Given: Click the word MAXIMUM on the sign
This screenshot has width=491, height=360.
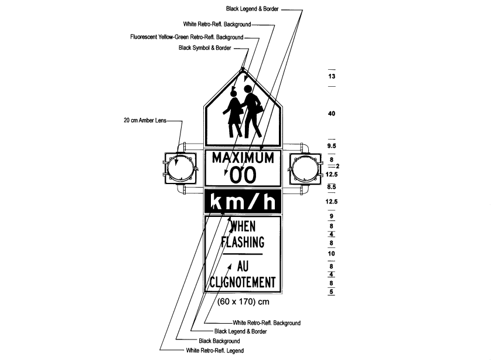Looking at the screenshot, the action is point(243,158).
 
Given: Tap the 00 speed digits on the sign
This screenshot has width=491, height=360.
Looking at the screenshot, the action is point(243,175).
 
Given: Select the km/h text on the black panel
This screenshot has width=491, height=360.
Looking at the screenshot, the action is point(243,202).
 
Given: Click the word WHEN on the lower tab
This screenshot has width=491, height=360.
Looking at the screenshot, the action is point(243,226).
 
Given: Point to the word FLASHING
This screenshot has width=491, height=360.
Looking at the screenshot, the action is point(243,242).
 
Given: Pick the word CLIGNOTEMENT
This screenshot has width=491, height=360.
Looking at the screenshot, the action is point(243,282).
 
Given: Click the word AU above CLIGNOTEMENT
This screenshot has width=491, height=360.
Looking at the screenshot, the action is point(243,266).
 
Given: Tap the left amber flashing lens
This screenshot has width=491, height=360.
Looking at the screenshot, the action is point(180,168).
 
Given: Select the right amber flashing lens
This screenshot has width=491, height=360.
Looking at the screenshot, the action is point(306,168).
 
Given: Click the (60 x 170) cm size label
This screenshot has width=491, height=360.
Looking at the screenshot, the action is point(243,302).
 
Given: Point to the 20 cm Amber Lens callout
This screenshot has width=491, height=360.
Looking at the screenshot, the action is point(145,120).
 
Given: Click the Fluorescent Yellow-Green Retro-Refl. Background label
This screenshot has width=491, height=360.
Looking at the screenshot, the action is point(187,37).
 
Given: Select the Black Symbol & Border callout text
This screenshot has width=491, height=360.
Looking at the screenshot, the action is point(205,48).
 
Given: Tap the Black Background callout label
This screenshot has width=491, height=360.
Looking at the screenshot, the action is point(219,341).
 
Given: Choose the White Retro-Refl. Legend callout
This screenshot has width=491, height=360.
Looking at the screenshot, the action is point(215,350).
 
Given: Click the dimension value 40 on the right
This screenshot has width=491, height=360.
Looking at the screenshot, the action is point(332,113).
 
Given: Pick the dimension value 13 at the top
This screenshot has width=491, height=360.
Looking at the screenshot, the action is point(332,76).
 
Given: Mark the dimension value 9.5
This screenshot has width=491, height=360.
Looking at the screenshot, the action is point(332,145).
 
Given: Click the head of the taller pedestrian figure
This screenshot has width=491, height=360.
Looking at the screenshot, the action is point(248,89).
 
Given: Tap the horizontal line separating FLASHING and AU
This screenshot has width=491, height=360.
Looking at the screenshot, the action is point(243,254).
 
